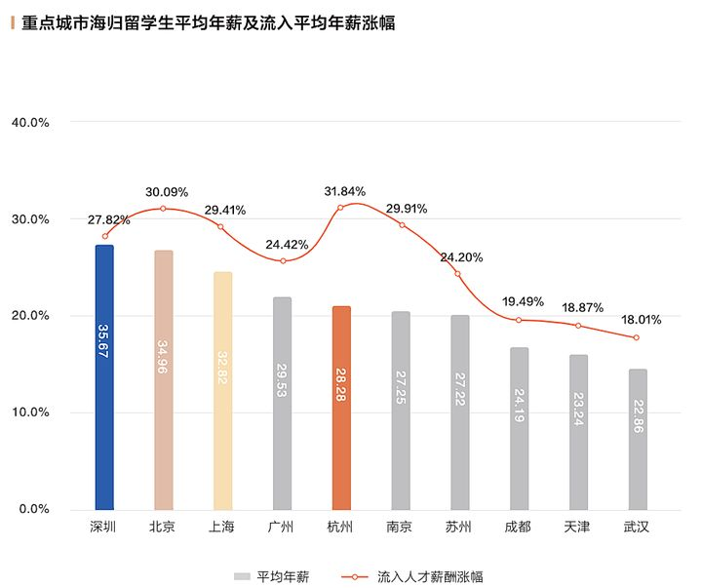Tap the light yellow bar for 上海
[x=223, y=390]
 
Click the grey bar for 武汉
[x=638, y=439]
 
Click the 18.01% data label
[x=641, y=318]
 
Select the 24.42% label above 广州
[x=285, y=244]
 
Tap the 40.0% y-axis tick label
[x=30, y=123]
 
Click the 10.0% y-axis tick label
[x=30, y=412]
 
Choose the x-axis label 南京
[x=400, y=528]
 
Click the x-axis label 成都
[x=518, y=528]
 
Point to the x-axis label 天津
[x=577, y=528]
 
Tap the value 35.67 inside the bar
[x=104, y=341]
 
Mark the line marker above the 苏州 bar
[x=457, y=274]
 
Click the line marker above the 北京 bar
[x=164, y=209]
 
